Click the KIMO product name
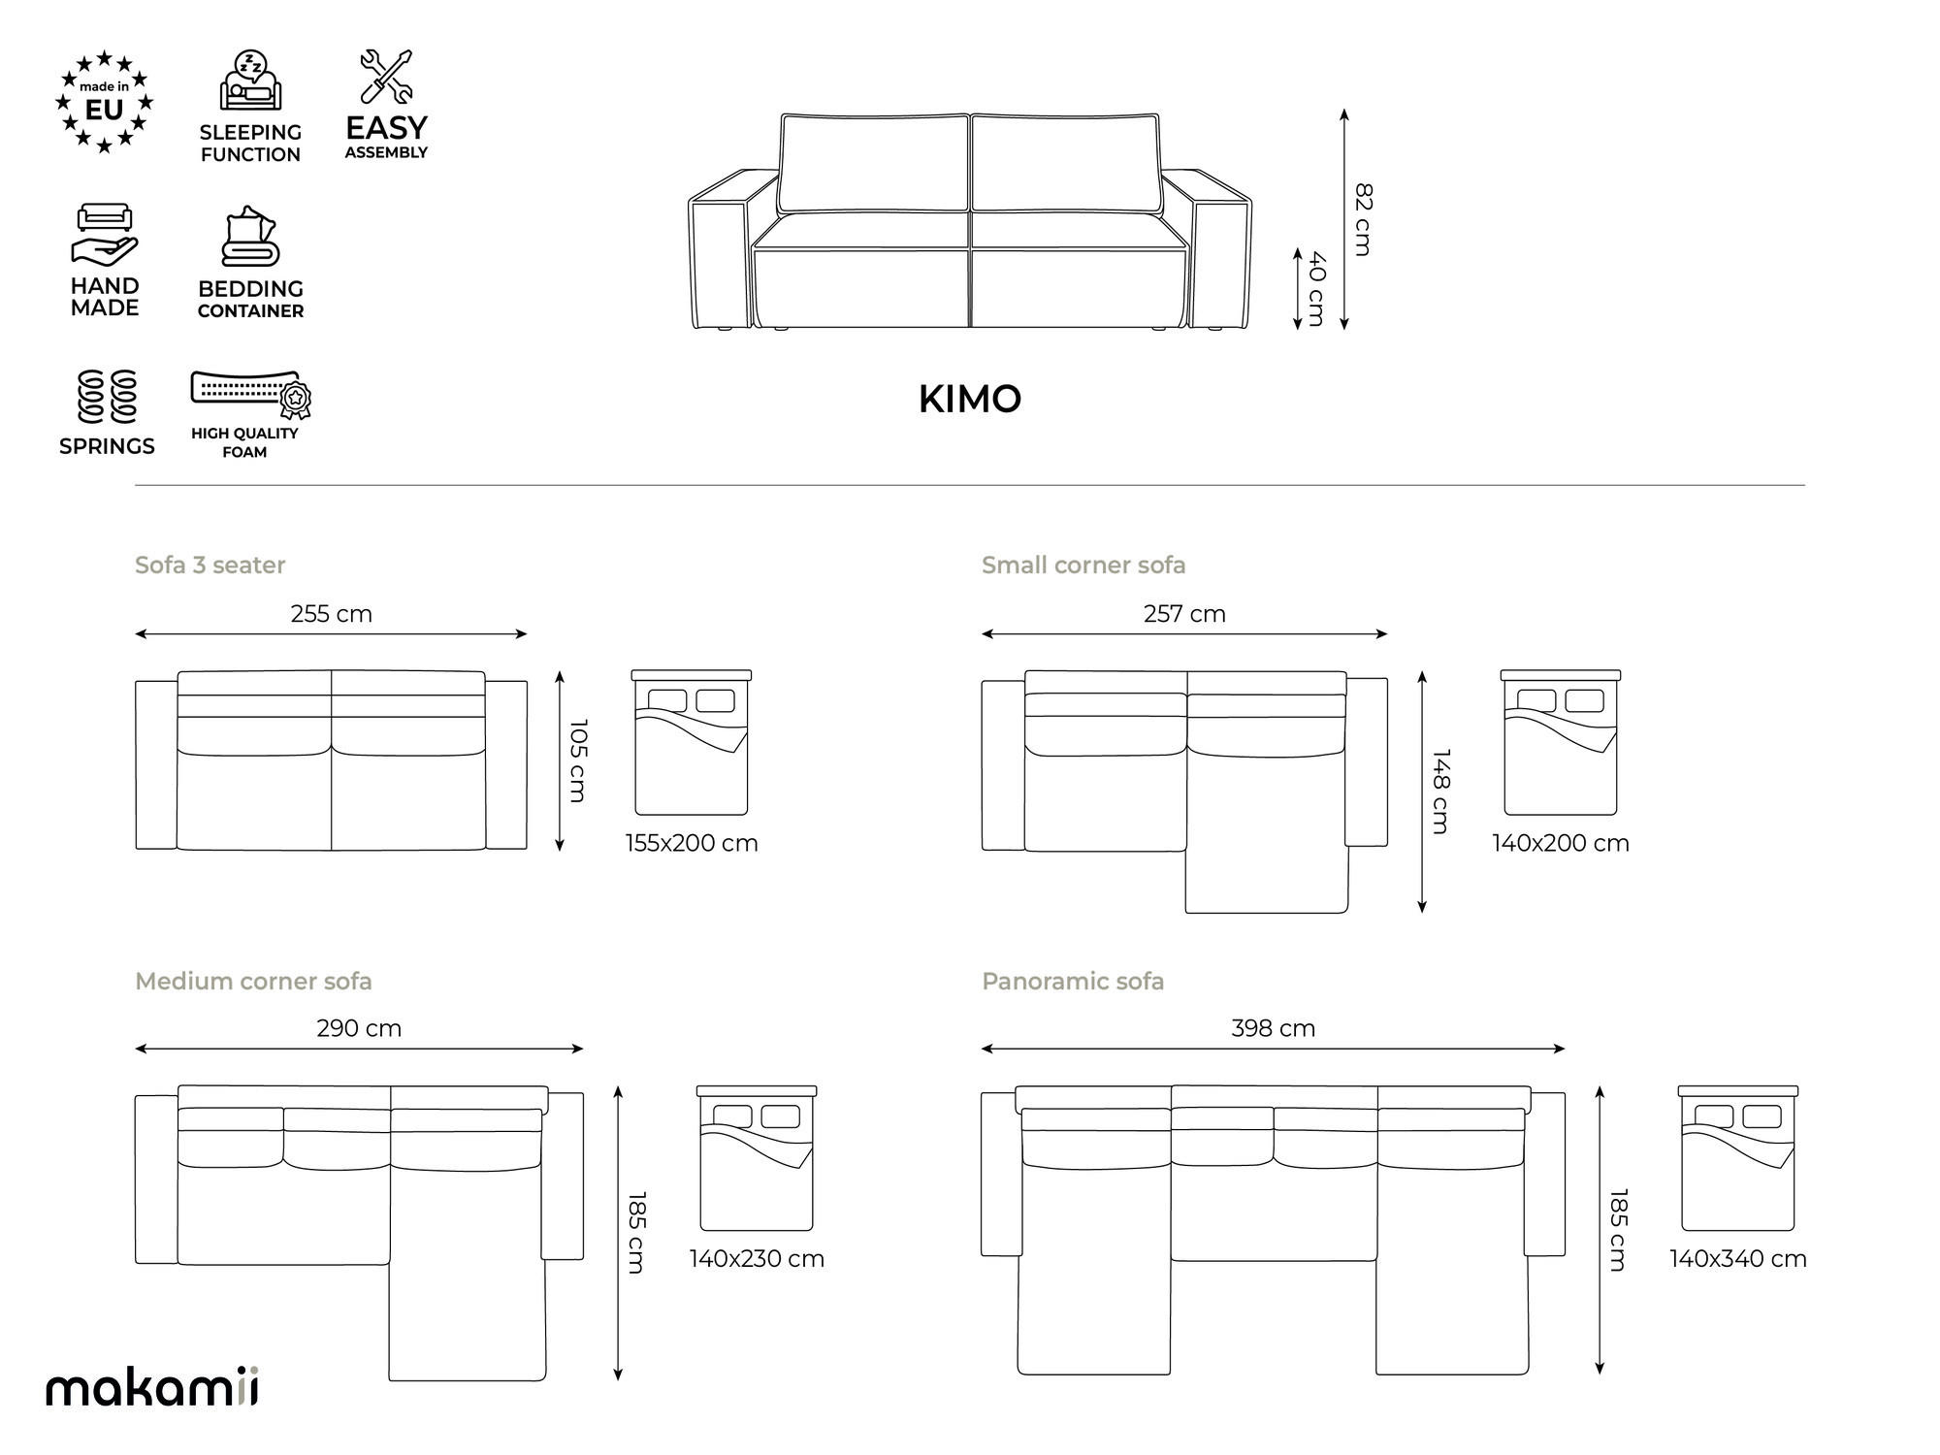click(x=969, y=399)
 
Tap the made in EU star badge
click(x=104, y=103)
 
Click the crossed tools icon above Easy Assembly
click(x=386, y=77)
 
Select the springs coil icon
click(x=107, y=397)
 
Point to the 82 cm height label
click(x=1363, y=219)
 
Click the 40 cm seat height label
click(x=1316, y=288)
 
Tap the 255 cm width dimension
click(x=331, y=614)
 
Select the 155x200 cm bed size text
click(x=692, y=843)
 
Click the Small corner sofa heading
click(x=1083, y=565)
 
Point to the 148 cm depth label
click(x=1440, y=791)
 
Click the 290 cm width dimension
click(x=359, y=1028)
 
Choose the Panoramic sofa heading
click(x=1073, y=981)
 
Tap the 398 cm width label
click(x=1273, y=1028)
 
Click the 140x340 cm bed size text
click(x=1737, y=1259)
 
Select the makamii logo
click(x=152, y=1387)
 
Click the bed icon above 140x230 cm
click(x=757, y=1158)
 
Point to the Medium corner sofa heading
click(x=253, y=981)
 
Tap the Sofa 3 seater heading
click(x=210, y=565)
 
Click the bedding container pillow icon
click(x=250, y=237)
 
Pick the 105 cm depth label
click(x=578, y=760)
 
